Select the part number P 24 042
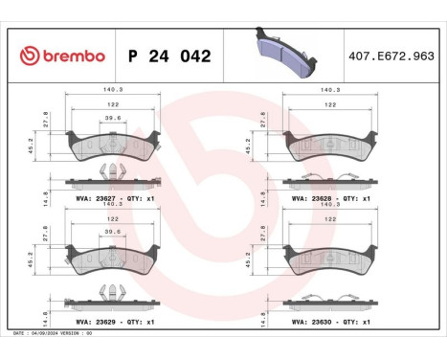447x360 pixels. [169, 56]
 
